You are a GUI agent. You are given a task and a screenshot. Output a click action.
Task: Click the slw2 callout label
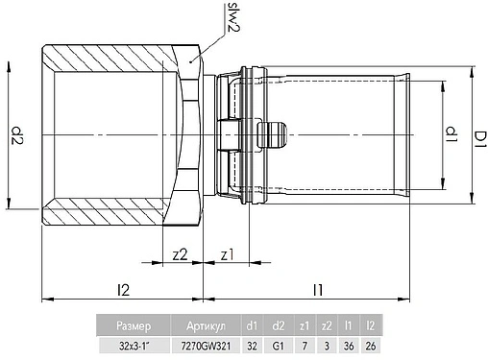click(234, 17)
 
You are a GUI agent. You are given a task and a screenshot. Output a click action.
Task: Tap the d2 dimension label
click(16, 135)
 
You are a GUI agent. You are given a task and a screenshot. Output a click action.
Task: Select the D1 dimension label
click(480, 140)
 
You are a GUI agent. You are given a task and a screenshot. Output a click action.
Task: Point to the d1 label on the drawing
click(451, 134)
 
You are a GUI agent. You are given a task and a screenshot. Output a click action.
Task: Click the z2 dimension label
click(180, 254)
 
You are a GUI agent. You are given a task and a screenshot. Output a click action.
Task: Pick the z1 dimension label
click(228, 255)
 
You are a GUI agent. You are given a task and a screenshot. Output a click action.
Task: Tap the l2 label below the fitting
click(123, 290)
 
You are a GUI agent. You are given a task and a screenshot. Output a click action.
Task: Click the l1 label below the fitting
click(318, 290)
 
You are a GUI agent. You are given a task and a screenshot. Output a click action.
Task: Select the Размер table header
click(134, 325)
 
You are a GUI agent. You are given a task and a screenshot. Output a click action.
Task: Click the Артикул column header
click(206, 325)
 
